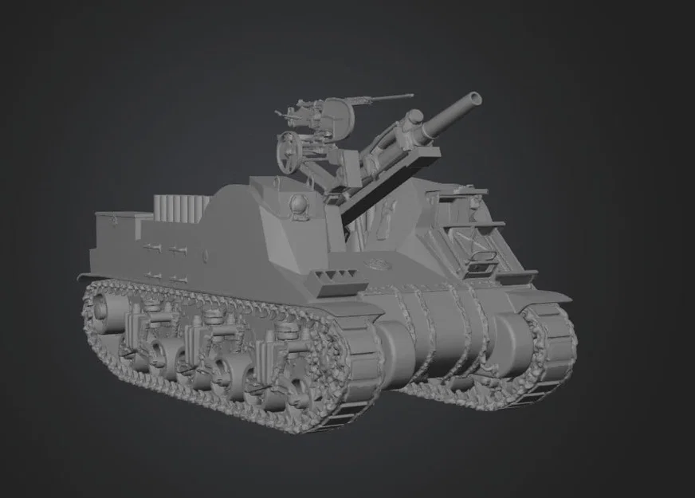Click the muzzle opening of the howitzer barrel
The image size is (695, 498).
(475, 99)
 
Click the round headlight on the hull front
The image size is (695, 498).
(296, 203)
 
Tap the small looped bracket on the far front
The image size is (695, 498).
(482, 257)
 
